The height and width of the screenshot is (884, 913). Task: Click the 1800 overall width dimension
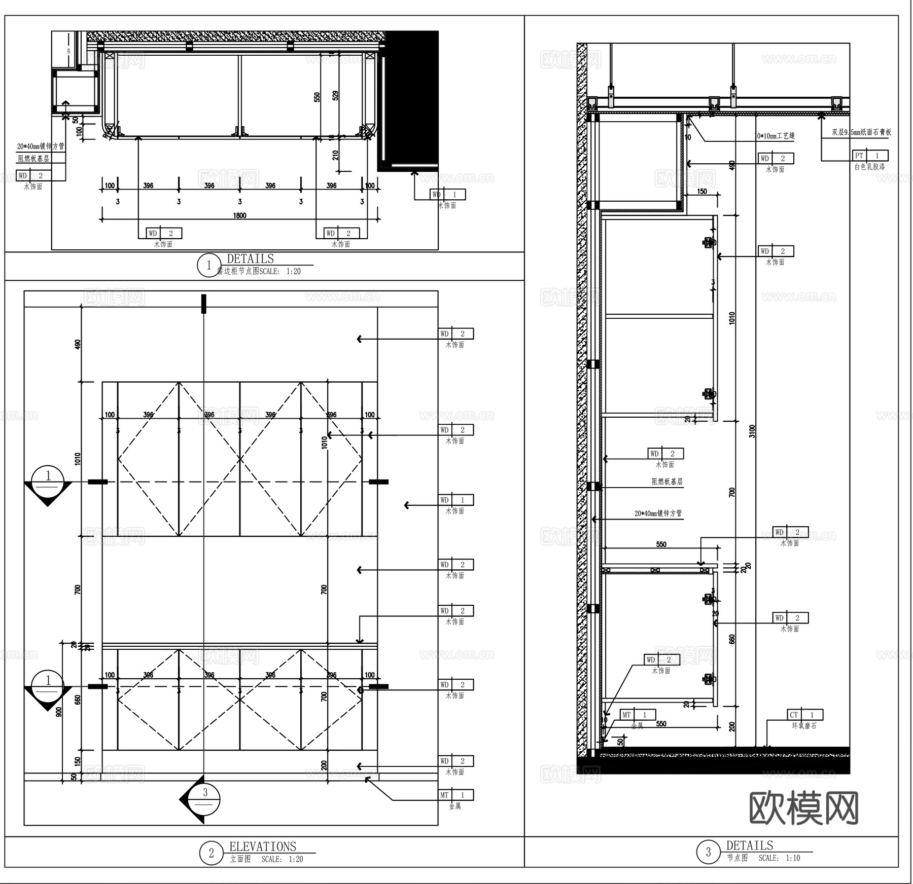click(239, 215)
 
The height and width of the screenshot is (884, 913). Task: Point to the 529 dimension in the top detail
click(335, 95)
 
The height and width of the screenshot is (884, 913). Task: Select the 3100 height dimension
click(752, 431)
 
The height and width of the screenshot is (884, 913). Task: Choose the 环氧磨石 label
click(804, 726)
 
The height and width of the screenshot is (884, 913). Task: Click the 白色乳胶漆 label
click(869, 167)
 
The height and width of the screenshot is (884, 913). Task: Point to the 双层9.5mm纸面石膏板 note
click(861, 133)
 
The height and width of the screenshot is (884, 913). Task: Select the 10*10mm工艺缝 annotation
click(776, 136)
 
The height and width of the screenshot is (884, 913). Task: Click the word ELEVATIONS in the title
click(262, 846)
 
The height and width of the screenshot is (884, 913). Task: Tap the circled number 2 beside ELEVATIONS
click(211, 854)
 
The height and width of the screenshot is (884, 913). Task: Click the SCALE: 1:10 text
click(779, 858)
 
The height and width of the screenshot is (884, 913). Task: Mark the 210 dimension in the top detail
click(335, 155)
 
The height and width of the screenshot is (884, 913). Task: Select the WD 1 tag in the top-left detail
click(448, 194)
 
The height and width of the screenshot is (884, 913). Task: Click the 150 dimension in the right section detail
click(702, 192)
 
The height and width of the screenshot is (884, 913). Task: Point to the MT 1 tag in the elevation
click(456, 795)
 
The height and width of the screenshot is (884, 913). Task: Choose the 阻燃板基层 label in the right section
click(667, 482)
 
